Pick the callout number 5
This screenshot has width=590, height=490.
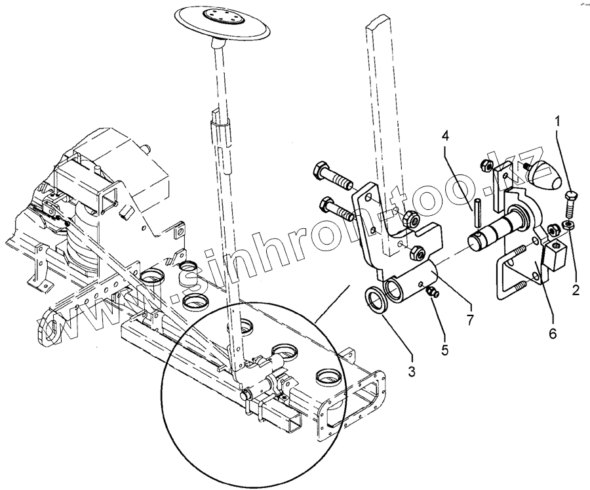[444, 350]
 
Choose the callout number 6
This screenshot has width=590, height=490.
[553, 333]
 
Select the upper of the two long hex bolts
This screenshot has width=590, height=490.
[334, 176]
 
